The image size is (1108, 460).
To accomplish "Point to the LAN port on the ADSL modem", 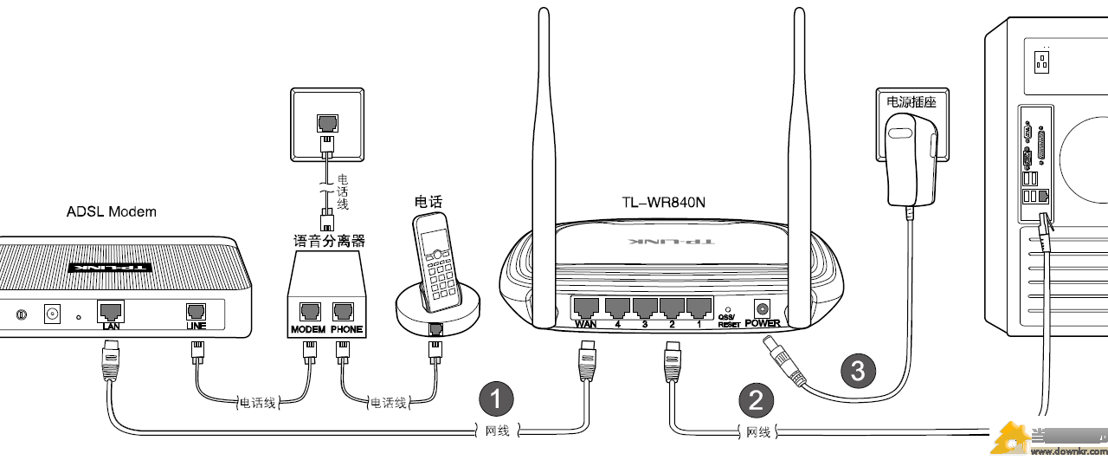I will click(x=110, y=311).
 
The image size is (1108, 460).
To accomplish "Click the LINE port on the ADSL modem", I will click(x=196, y=312).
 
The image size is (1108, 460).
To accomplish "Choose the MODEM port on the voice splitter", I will click(x=308, y=313).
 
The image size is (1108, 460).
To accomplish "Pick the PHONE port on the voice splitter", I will click(x=345, y=313).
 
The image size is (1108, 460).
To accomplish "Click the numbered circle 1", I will click(x=496, y=398).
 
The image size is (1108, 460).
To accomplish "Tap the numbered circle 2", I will click(x=756, y=399).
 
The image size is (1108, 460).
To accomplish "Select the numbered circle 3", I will click(x=858, y=371).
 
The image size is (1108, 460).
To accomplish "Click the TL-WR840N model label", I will click(x=663, y=203).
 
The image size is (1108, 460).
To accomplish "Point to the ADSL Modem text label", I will click(x=112, y=211).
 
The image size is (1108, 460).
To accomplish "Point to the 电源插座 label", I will click(x=912, y=101).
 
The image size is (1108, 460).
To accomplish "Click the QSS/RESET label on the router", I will click(x=729, y=321).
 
